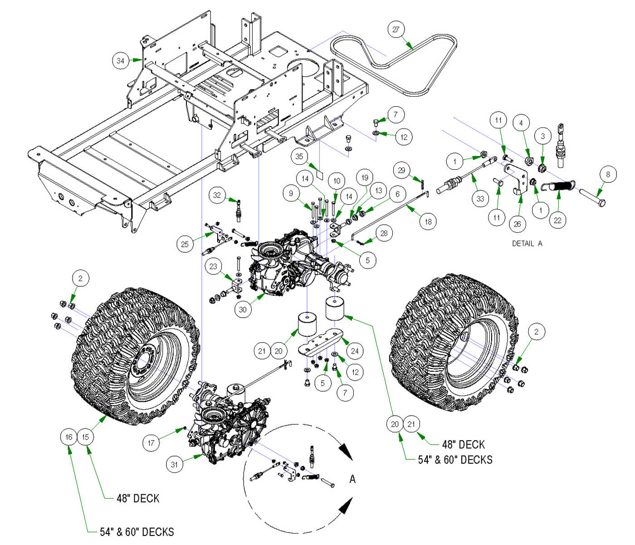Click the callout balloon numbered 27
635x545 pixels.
point(396,29)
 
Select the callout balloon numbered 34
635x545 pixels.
point(121,60)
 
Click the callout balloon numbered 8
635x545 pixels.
point(608,174)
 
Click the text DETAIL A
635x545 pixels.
point(527,243)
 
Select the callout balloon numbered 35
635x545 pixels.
point(299,157)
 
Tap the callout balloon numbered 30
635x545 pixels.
point(243,309)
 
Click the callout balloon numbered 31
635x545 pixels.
point(175,464)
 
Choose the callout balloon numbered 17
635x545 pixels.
point(151,443)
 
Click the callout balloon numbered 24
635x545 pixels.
point(355,350)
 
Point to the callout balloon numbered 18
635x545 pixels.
point(428,221)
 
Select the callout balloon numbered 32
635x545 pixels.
point(217,195)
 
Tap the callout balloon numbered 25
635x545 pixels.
point(185,244)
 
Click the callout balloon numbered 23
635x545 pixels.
point(214,266)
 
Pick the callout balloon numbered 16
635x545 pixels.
point(68,437)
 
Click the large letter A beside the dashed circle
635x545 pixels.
point(352,479)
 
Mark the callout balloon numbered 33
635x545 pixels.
point(480,198)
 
